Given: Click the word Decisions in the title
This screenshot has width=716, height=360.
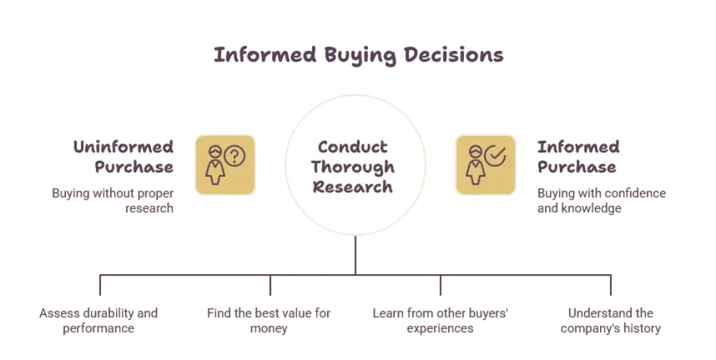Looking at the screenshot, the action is click(x=453, y=55).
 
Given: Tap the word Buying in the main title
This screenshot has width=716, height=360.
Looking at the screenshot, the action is click(x=360, y=56).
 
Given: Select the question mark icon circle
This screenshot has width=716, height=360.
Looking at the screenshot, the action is click(x=235, y=156).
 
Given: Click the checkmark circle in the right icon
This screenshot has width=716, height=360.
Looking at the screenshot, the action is click(x=495, y=155).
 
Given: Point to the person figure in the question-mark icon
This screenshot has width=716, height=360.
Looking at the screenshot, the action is click(x=215, y=165).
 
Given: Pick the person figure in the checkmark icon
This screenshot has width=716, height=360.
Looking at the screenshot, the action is click(x=475, y=165).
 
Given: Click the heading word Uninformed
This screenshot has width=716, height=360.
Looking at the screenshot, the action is click(x=123, y=147).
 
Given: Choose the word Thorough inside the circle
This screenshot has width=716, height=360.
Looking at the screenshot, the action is click(x=353, y=167).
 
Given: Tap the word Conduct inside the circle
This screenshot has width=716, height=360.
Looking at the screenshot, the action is click(x=353, y=147).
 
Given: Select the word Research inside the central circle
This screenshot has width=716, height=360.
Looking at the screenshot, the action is click(x=353, y=187).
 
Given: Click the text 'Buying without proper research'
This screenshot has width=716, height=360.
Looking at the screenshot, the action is click(x=113, y=201).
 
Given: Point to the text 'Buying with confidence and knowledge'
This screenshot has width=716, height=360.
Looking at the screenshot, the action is click(x=601, y=201).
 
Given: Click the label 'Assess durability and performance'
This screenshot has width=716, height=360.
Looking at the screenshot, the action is click(x=99, y=321).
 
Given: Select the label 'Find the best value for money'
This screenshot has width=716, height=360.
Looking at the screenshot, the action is click(x=268, y=321).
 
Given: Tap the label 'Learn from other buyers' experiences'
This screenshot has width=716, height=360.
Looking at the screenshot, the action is click(x=440, y=321).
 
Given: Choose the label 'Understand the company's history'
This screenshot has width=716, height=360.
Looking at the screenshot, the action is click(x=611, y=321).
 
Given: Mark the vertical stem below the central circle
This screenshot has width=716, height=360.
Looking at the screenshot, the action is click(x=355, y=255).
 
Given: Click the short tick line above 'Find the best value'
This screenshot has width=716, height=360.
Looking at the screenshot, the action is click(x=271, y=285).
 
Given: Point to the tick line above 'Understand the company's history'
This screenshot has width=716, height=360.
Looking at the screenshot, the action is click(x=611, y=285).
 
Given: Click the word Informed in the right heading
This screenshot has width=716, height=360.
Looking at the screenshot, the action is click(x=579, y=147).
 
